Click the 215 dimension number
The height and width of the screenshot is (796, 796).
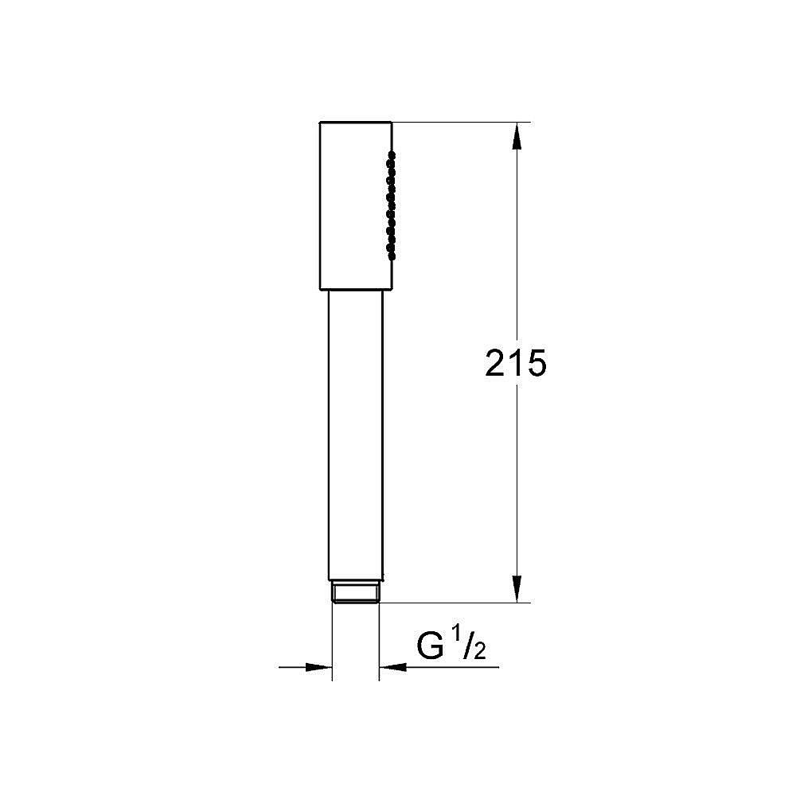click(516, 364)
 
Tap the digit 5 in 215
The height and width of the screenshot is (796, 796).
click(536, 364)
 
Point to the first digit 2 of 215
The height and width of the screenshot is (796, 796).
click(497, 364)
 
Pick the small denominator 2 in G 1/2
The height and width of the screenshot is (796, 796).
click(480, 654)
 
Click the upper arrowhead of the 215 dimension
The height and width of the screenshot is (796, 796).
click(517, 135)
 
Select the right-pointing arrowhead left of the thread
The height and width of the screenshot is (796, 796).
click(318, 666)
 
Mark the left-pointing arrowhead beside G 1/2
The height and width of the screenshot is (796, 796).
click(392, 666)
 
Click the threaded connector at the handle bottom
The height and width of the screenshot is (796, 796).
click(355, 592)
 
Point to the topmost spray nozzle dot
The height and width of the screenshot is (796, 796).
click(390, 152)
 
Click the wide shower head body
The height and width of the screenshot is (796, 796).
click(354, 205)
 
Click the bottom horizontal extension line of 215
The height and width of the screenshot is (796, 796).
click(454, 603)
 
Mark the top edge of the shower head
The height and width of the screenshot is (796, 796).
click(355, 122)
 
